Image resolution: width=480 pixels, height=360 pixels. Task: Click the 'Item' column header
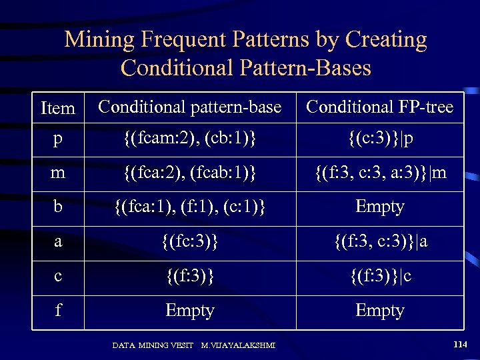58,108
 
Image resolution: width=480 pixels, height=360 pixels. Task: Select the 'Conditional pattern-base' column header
190,107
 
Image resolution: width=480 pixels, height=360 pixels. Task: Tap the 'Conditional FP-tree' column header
379,107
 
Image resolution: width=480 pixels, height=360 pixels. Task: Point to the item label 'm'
58,173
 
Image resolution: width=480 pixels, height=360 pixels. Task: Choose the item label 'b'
58,207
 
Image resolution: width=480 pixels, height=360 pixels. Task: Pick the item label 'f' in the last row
58,311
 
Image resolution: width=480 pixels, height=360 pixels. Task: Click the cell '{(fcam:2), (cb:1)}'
190,139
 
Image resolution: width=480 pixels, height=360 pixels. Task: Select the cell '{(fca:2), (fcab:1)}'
190,173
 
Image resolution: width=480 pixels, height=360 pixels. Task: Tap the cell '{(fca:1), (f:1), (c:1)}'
190,207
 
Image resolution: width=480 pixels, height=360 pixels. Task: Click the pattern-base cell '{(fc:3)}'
190,241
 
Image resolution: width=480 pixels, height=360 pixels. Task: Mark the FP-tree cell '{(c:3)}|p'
379,139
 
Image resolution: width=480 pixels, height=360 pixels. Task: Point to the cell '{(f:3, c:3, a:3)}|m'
379,173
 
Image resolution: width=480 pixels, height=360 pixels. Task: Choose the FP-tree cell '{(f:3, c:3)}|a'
379,241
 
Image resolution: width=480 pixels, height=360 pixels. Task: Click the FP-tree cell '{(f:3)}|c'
379,276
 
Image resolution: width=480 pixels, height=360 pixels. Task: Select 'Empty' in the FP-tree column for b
379,207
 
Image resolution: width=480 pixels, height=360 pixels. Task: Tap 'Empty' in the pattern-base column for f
190,311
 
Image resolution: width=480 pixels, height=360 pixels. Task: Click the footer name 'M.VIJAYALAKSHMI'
239,345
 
